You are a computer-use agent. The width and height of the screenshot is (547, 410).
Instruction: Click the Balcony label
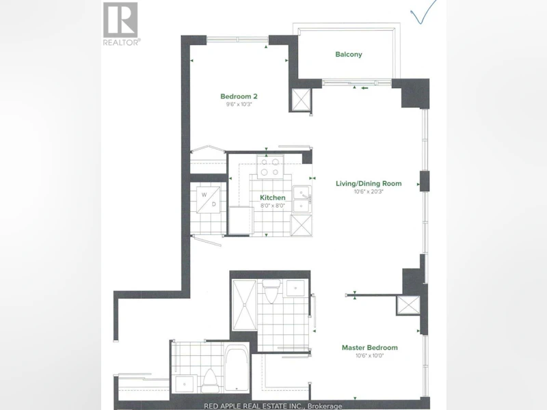click(349, 55)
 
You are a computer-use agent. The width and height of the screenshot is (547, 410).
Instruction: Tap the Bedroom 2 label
click(239, 96)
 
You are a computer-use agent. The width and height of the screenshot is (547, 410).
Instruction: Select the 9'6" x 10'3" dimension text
click(239, 105)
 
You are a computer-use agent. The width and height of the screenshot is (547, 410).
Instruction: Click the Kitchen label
click(272, 197)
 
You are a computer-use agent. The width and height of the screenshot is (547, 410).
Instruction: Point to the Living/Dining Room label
click(369, 183)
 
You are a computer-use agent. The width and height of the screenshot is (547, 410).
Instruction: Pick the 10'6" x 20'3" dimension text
click(369, 191)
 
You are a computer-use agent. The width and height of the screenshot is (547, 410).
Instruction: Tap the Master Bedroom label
click(369, 348)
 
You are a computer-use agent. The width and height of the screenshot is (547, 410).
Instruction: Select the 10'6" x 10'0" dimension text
click(369, 355)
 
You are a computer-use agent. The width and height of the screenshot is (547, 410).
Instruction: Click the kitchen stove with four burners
click(270, 167)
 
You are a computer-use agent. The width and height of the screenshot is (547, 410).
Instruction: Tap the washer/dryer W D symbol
click(208, 200)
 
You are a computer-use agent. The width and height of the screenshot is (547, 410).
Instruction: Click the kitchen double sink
click(302, 199)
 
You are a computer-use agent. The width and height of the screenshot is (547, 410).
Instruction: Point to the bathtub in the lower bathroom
click(237, 368)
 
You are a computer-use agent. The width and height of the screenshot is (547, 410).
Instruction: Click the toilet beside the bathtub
click(210, 381)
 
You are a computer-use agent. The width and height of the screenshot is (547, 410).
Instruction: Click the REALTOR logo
click(121, 24)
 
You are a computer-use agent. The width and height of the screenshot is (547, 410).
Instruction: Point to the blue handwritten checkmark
click(423, 12)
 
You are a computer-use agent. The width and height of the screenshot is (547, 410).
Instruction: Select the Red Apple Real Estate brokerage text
click(273, 406)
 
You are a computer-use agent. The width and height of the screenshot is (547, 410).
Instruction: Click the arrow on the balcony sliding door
click(365, 88)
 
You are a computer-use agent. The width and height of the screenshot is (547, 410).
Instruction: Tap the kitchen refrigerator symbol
click(241, 221)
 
